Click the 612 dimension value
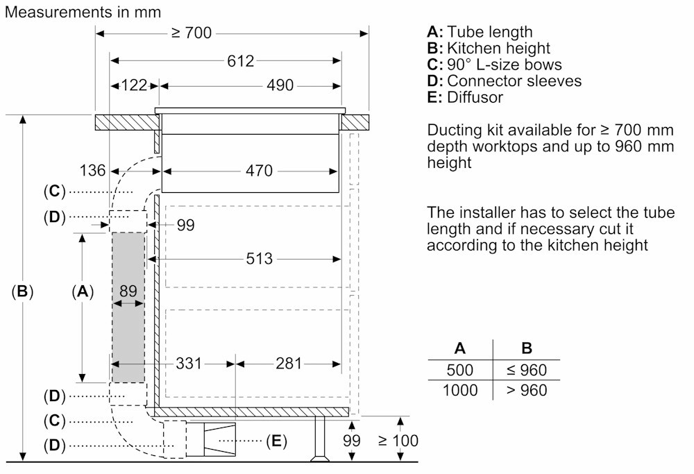241,61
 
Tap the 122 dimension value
134,85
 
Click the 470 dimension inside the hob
257,170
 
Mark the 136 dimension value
92,170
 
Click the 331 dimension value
188,363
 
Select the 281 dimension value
288,363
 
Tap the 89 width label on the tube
128,291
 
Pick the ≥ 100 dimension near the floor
398,440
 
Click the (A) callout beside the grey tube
83,292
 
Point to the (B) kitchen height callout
23,292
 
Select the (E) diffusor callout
276,440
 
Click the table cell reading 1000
460,390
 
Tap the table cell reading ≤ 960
526,370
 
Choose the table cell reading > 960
526,390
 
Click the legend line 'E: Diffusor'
465,97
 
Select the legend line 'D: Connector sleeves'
505,81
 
